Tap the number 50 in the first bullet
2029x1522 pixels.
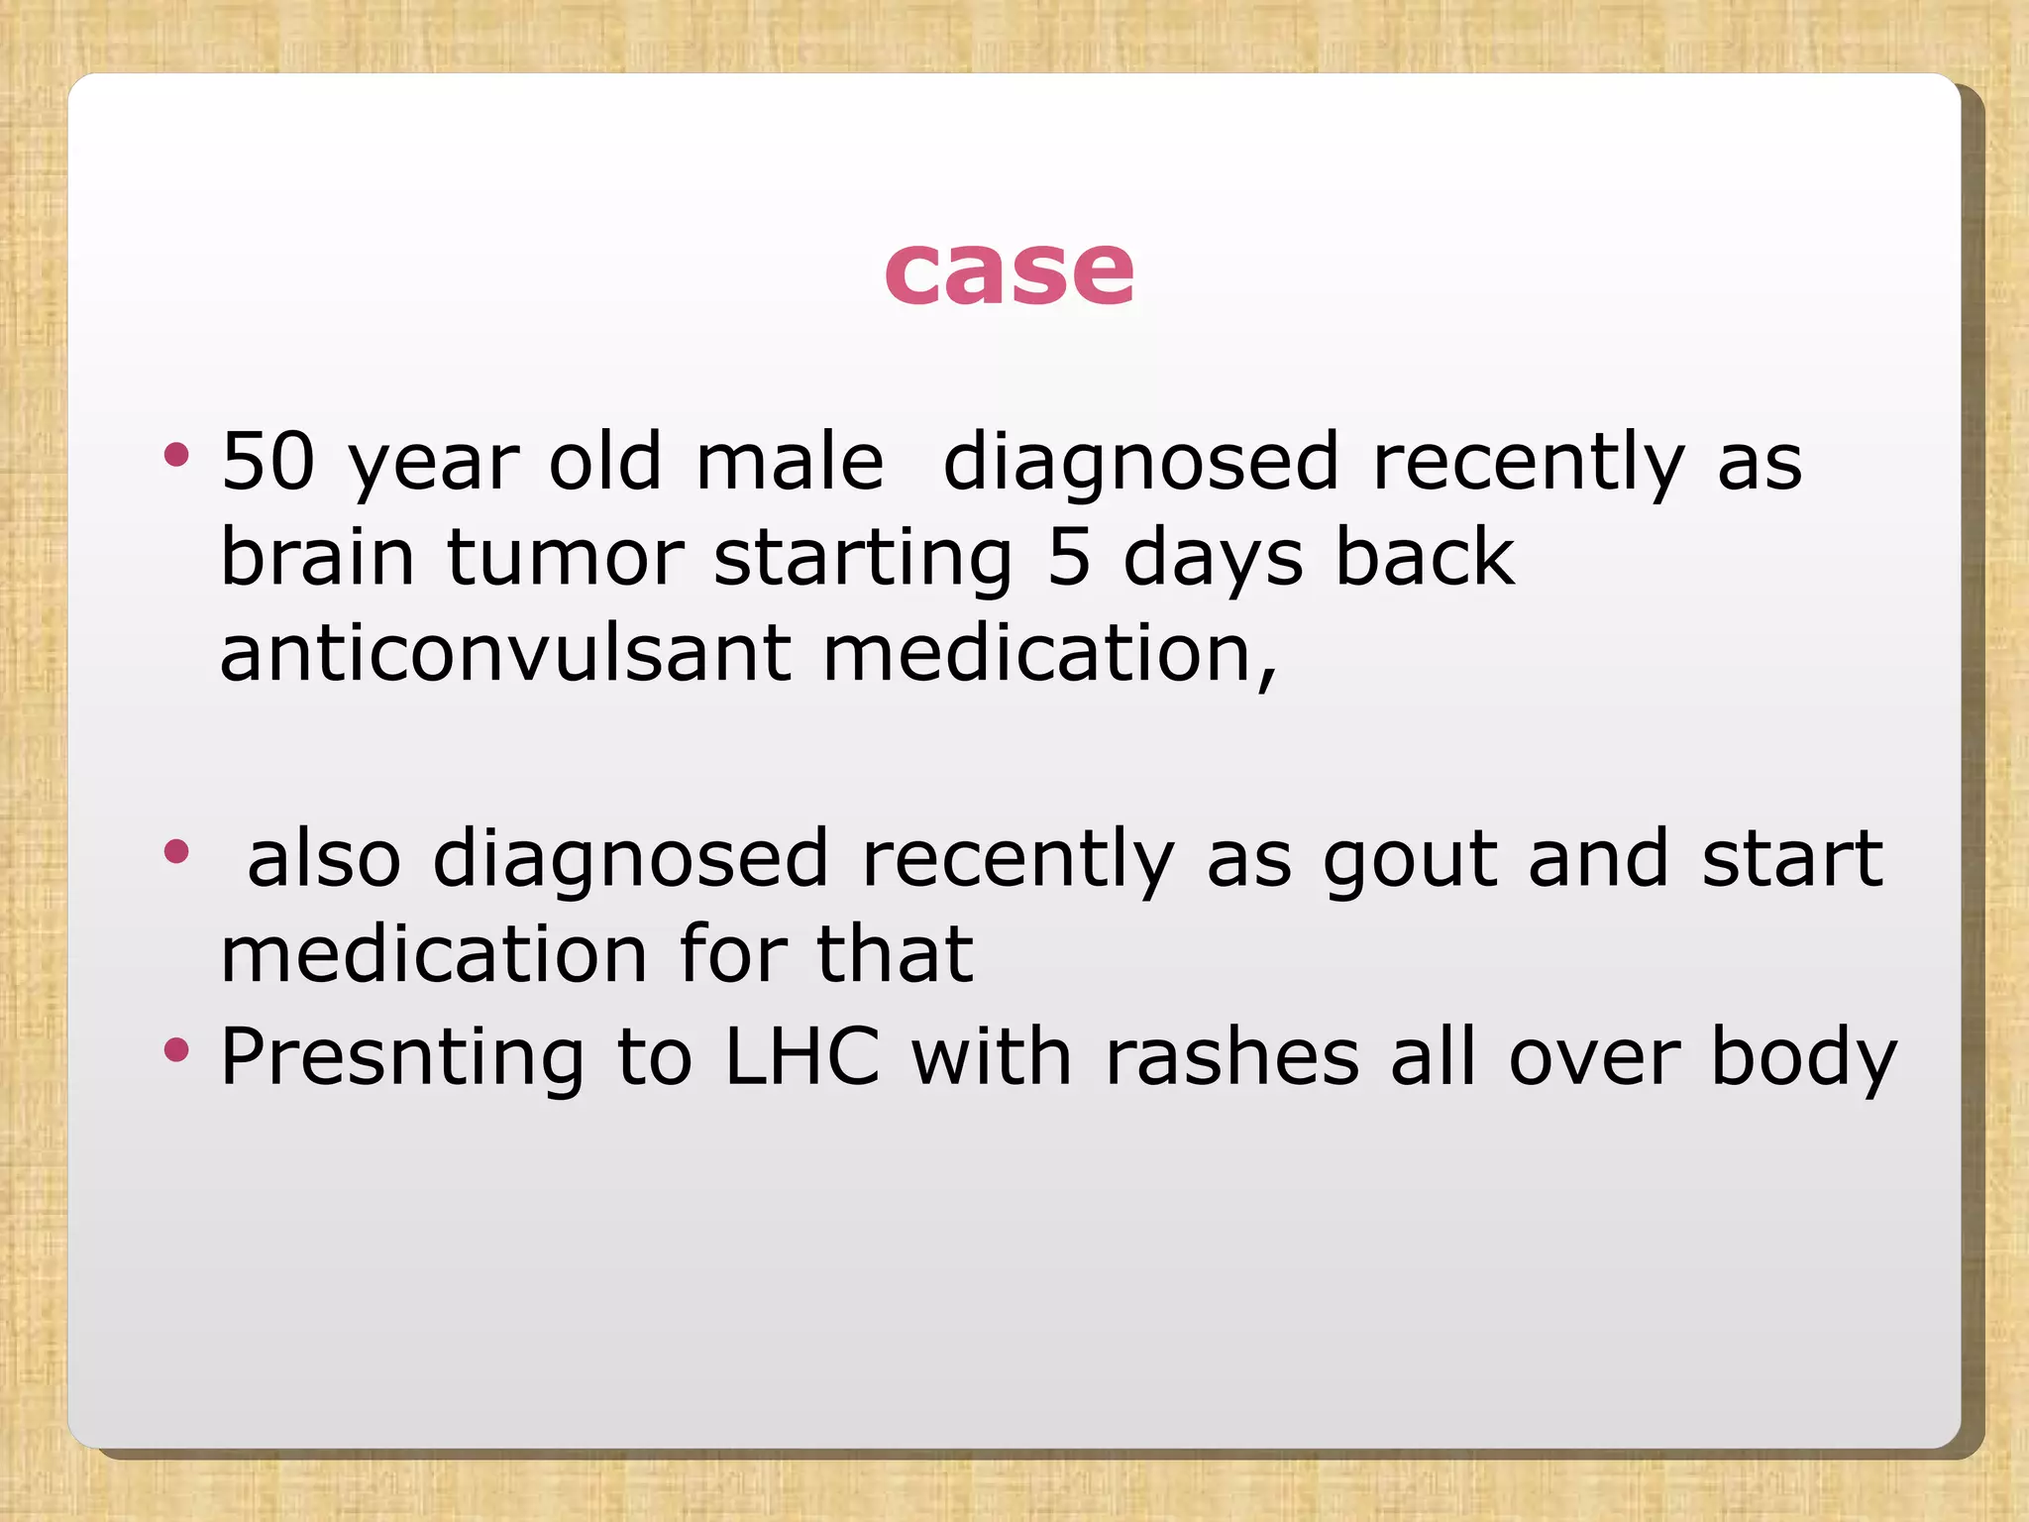click(x=267, y=462)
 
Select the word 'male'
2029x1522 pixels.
click(x=789, y=462)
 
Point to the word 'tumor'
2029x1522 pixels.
click(x=565, y=559)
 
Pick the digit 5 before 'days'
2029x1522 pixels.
click(x=1068, y=557)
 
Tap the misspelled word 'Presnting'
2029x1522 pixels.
click(x=402, y=1058)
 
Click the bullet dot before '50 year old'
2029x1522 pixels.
click(x=176, y=455)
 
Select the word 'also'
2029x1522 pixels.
click(x=323, y=858)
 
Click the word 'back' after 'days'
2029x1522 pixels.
click(x=1425, y=557)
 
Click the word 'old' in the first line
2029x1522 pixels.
click(x=604, y=462)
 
